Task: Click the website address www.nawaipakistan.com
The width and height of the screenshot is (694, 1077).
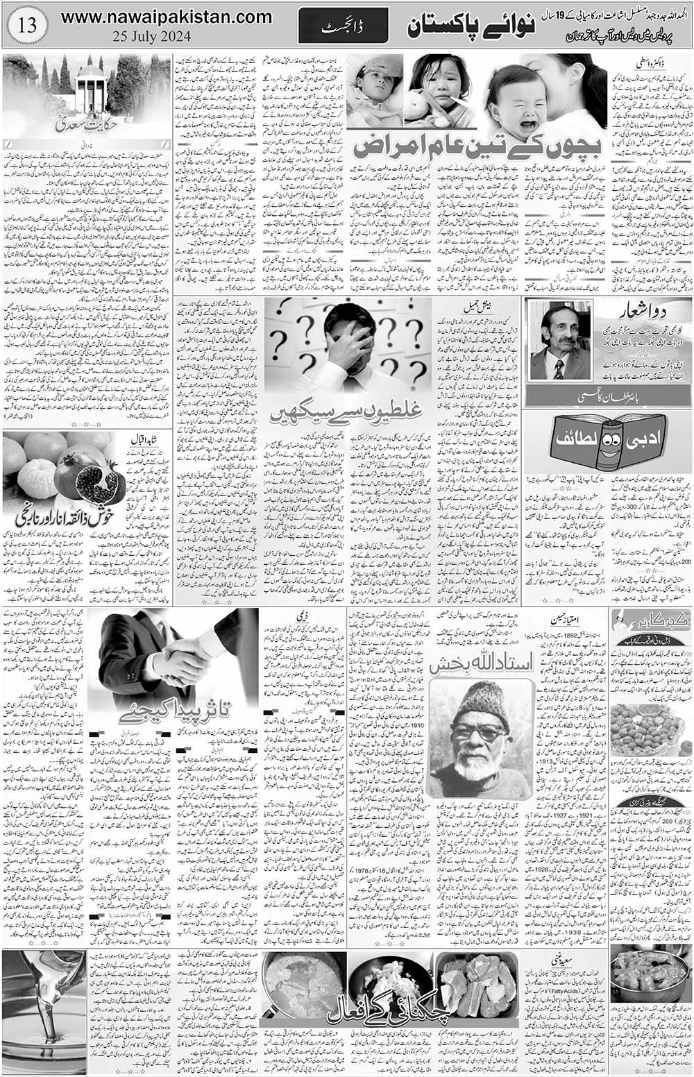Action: (x=165, y=17)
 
